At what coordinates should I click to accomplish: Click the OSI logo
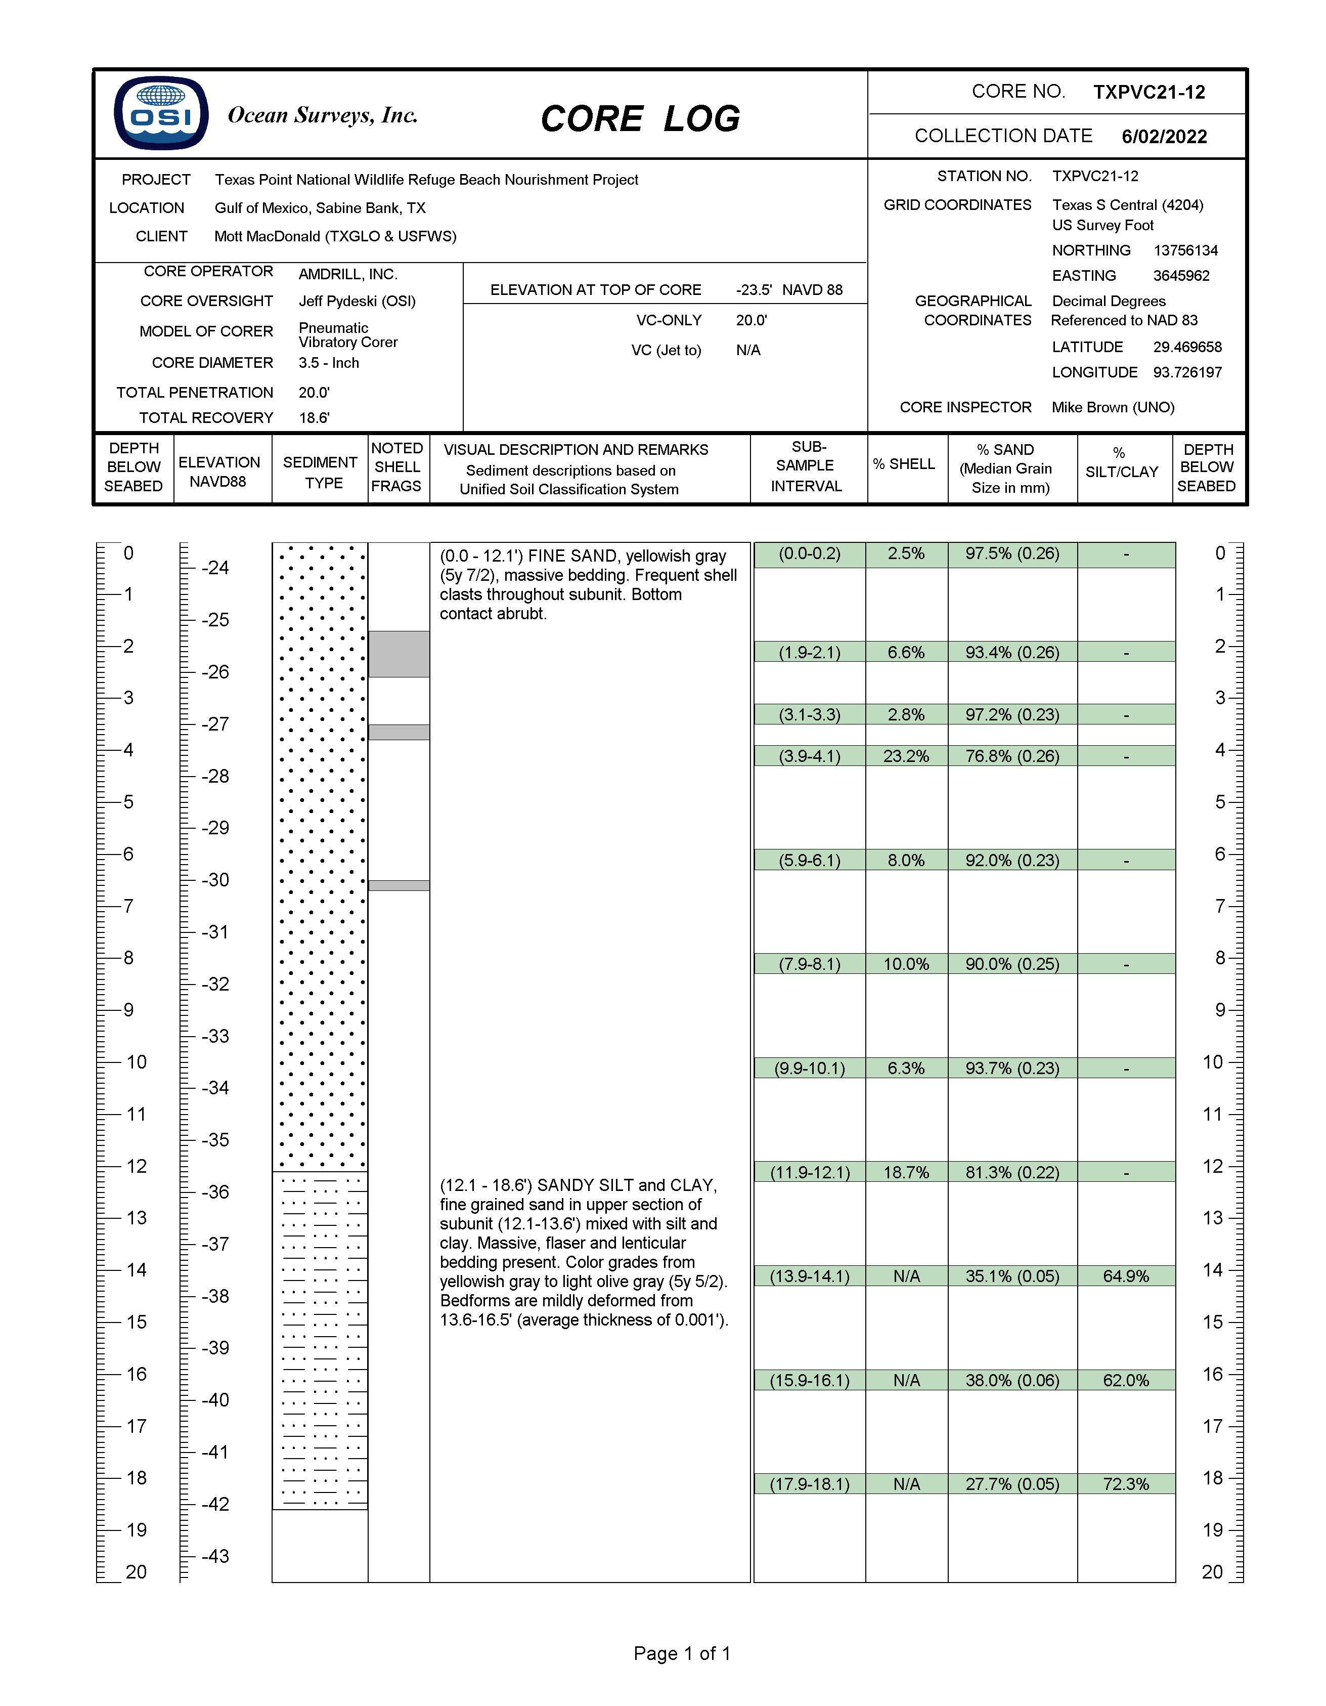(161, 113)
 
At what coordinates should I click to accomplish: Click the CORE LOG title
(640, 119)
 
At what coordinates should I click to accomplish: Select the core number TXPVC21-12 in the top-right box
(1148, 92)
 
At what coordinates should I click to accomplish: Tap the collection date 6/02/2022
(1164, 137)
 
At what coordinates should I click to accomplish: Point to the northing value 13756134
(1185, 251)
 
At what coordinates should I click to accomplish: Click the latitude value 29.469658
(1187, 347)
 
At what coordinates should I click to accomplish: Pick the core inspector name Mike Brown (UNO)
(1113, 407)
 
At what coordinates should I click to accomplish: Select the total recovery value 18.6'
(314, 418)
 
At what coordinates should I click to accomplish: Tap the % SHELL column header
(904, 464)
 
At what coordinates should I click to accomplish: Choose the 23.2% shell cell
(906, 756)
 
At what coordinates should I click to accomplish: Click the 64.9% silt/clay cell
(1125, 1276)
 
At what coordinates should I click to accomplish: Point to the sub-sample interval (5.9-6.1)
(809, 860)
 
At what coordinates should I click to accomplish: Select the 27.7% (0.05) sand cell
(1012, 1484)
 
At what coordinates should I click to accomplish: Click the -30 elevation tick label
(215, 880)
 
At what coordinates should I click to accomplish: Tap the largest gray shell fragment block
(399, 654)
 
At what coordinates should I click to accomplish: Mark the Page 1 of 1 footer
(682, 1654)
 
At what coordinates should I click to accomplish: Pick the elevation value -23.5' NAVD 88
(789, 290)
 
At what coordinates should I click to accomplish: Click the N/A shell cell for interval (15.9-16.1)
(906, 1380)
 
